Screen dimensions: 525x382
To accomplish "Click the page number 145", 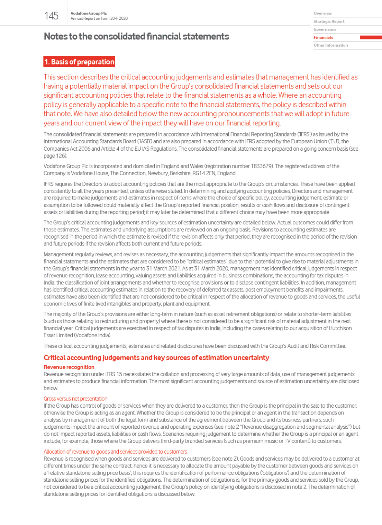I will click(x=51, y=16).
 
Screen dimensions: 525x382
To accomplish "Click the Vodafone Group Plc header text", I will click(x=89, y=13).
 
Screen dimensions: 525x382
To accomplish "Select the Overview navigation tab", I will click(x=322, y=14).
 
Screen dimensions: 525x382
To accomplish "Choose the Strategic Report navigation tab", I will click(x=329, y=21).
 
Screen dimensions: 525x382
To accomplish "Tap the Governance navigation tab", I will click(x=325, y=29).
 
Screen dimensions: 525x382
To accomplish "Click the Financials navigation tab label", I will click(x=323, y=37).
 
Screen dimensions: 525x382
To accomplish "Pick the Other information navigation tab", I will click(x=330, y=45).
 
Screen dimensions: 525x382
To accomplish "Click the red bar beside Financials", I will click(x=371, y=37).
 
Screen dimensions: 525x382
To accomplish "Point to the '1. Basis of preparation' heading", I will click(x=79, y=62).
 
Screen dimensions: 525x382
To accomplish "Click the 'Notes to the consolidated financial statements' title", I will click(x=136, y=36).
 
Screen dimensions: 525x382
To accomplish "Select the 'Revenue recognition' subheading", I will click(x=69, y=367).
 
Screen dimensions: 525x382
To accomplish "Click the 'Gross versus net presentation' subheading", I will click(x=75, y=399).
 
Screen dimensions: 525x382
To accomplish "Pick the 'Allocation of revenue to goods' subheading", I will click(x=115, y=452).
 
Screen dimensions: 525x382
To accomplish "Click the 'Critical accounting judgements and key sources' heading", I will click(x=156, y=358).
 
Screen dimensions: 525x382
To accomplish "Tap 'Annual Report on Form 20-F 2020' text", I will click(x=99, y=19).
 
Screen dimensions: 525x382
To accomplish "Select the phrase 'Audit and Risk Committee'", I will click(x=317, y=346).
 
